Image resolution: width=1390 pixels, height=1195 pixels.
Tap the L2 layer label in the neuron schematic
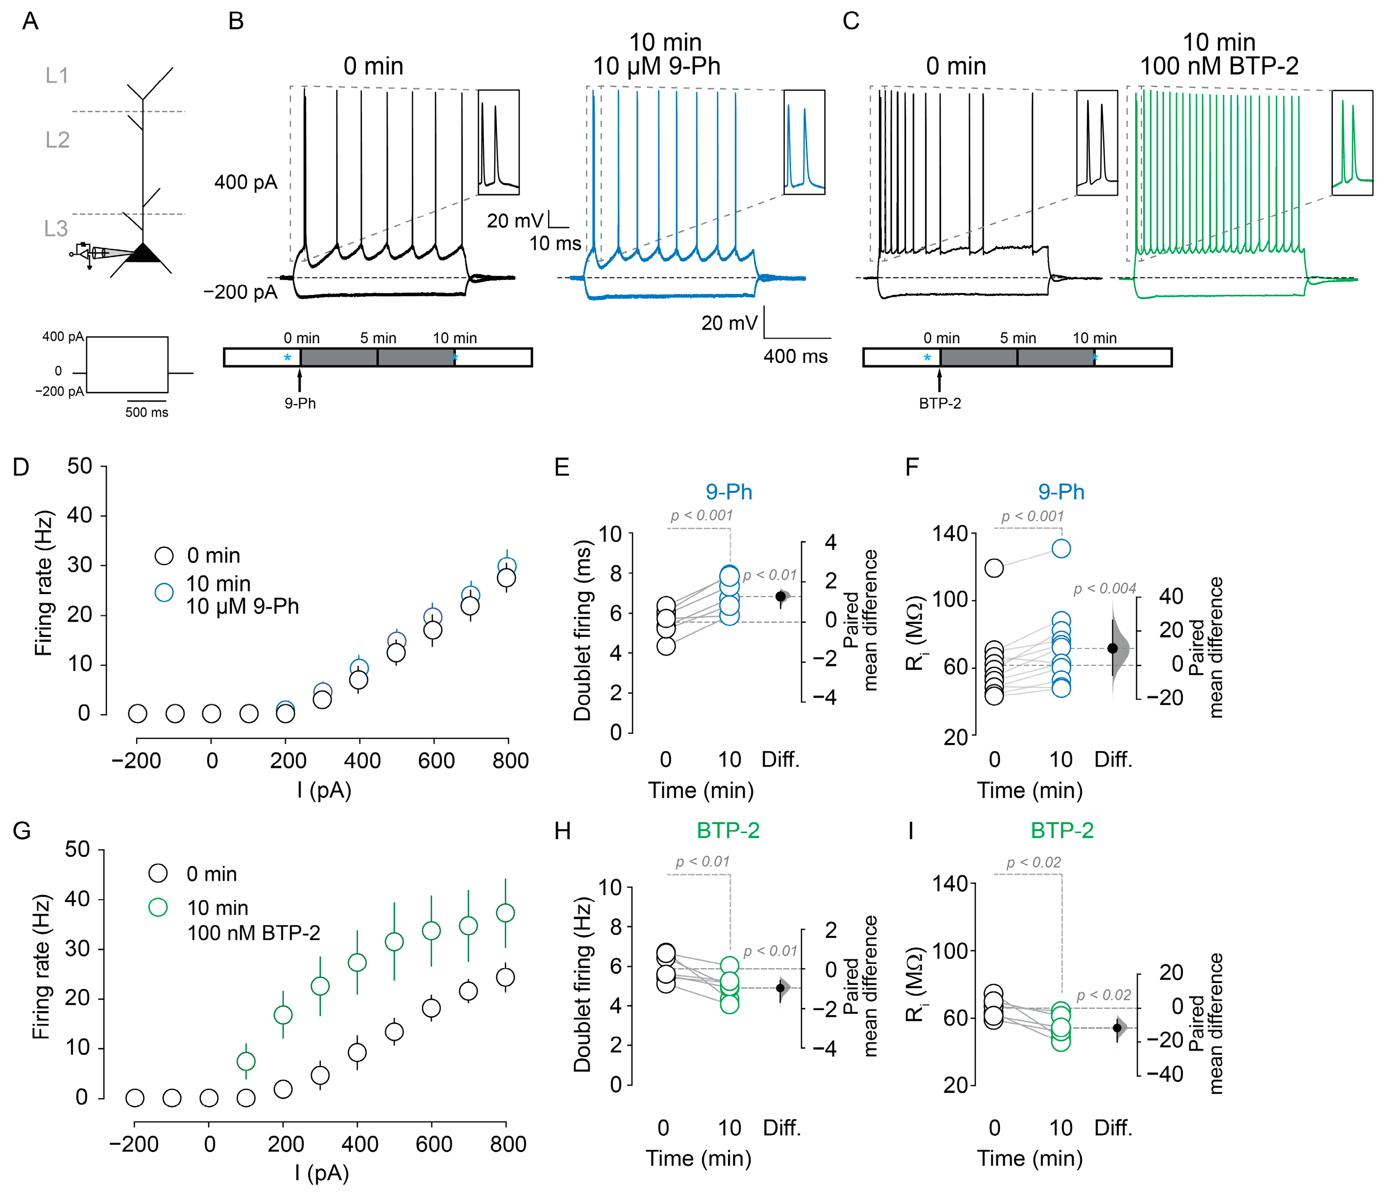(58, 140)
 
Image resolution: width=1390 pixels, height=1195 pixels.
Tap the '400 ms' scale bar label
(795, 356)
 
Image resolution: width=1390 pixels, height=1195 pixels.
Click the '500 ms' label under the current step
(146, 412)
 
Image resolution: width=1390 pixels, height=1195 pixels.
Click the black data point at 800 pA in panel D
(506, 578)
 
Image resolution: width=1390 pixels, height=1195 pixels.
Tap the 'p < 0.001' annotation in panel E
(701, 515)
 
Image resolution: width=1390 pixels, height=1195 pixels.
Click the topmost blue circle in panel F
(1061, 548)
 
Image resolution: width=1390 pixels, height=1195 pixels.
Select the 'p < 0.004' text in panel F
(1104, 588)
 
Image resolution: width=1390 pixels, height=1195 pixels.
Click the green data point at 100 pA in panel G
(246, 1061)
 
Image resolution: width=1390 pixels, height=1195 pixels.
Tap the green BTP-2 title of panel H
(728, 830)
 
